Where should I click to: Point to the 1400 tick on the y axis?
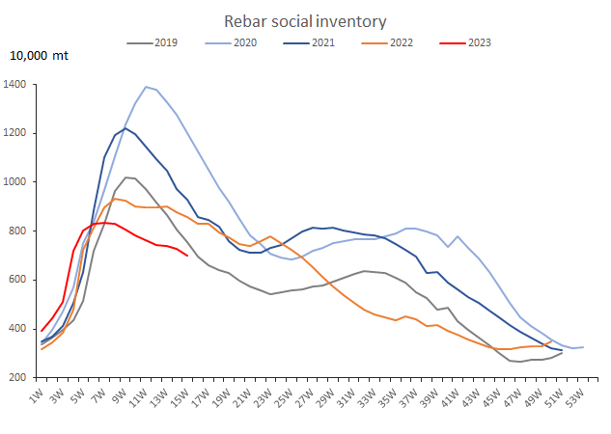16,85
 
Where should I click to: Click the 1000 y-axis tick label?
16,182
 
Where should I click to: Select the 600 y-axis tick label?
19,280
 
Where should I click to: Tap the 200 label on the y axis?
19,378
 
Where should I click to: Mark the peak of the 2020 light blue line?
146,87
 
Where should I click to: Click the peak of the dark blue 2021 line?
125,128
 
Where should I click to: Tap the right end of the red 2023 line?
187,256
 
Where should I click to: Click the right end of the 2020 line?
583,347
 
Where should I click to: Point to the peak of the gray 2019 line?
125,177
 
